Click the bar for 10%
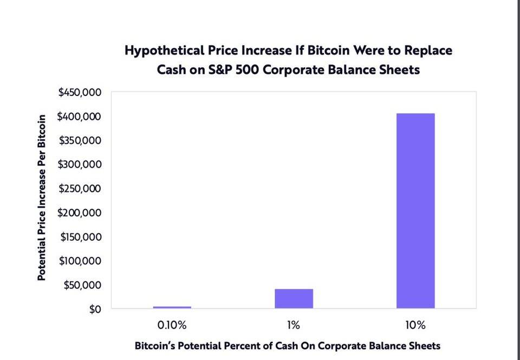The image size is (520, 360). click(x=415, y=210)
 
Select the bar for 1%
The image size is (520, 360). click(x=294, y=299)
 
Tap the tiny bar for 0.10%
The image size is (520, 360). click(x=172, y=307)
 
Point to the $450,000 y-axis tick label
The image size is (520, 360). click(x=80, y=93)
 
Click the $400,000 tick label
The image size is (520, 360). click(x=80, y=117)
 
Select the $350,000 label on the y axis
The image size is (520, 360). click(x=80, y=141)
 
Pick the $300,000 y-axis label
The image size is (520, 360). click(x=80, y=165)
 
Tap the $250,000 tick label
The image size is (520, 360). click(x=80, y=189)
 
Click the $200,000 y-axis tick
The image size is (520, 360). click(x=80, y=213)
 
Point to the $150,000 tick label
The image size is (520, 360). click(x=80, y=237)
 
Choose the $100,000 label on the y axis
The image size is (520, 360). click(x=80, y=261)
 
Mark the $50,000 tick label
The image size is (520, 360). click(x=82, y=285)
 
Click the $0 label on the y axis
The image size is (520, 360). click(x=94, y=309)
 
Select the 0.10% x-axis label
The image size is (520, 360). click(x=172, y=326)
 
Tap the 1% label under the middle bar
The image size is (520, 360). click(x=294, y=326)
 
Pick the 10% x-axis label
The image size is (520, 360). click(x=415, y=326)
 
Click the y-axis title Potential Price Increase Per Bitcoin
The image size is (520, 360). click(x=41, y=200)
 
